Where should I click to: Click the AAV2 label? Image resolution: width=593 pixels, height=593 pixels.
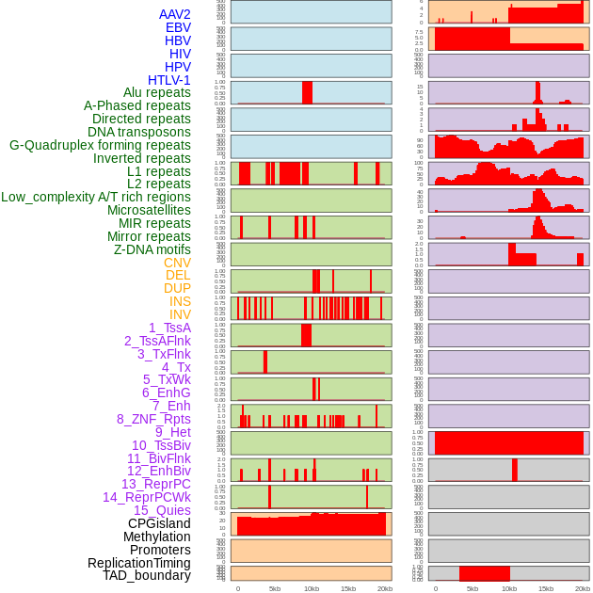pos(174,14)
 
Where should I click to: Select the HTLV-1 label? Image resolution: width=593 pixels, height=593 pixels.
pos(168,80)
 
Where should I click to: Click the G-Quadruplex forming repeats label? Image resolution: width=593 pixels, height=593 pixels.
pos(100,145)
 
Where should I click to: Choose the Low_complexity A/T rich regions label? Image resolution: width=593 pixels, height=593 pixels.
pos(96,197)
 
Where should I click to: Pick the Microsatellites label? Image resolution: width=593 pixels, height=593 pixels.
pos(149,210)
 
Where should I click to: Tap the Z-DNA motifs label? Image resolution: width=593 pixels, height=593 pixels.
pos(152,249)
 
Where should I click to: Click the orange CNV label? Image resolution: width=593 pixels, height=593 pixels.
pos(177,263)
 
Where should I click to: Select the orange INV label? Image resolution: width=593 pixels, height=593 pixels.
pos(180,314)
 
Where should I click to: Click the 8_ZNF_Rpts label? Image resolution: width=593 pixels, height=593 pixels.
pos(153,419)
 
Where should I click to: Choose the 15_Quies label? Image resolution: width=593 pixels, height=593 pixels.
pos(162,510)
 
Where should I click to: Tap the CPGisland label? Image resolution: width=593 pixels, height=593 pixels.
pos(159,523)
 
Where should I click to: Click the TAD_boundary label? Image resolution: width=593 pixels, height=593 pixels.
pos(146,575)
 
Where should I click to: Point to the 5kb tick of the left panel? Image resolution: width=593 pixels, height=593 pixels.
pos(275,588)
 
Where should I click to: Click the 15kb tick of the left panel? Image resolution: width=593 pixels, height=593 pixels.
pos(348,588)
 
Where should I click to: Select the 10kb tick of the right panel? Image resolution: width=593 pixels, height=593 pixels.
pos(509,588)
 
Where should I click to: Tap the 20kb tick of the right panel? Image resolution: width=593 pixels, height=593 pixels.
pos(583,588)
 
